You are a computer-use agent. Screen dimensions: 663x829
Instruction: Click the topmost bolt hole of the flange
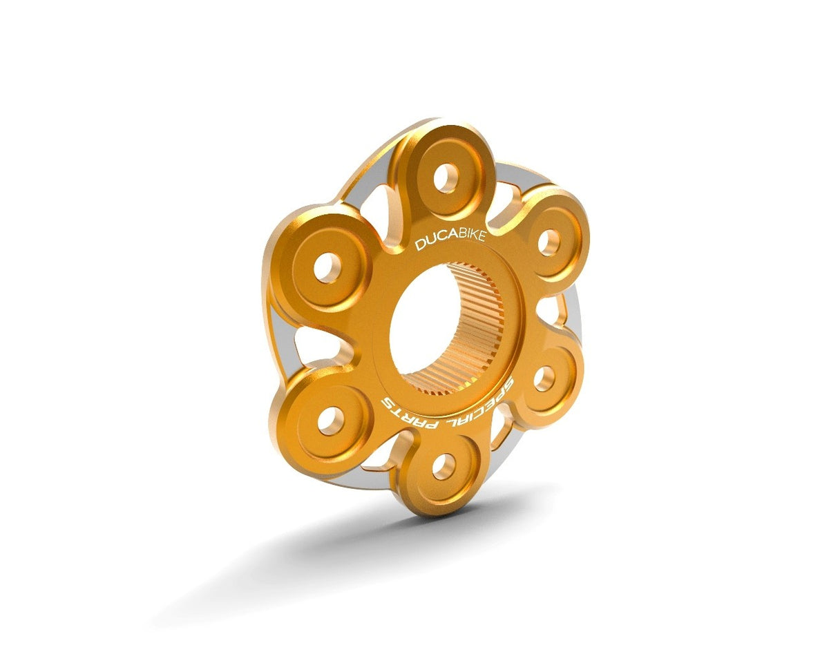tap(446, 178)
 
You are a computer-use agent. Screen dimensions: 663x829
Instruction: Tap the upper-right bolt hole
tap(549, 242)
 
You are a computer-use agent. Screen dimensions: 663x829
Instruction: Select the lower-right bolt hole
tap(544, 378)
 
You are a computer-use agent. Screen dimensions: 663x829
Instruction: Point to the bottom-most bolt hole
tap(442, 467)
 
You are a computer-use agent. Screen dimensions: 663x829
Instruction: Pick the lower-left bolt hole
tap(330, 420)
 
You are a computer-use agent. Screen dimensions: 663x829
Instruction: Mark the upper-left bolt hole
tap(328, 267)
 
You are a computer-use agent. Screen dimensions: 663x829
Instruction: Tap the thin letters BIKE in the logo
tap(473, 237)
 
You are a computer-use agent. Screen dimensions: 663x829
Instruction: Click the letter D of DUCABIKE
tap(420, 245)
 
